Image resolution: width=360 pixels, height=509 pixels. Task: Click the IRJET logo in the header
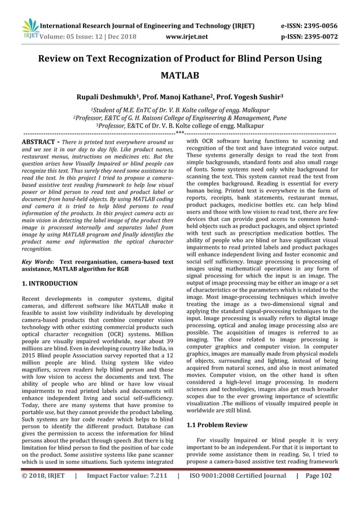[29, 30]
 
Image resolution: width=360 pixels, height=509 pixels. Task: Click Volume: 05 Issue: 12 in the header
[73, 37]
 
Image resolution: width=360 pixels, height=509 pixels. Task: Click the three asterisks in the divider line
[180, 133]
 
